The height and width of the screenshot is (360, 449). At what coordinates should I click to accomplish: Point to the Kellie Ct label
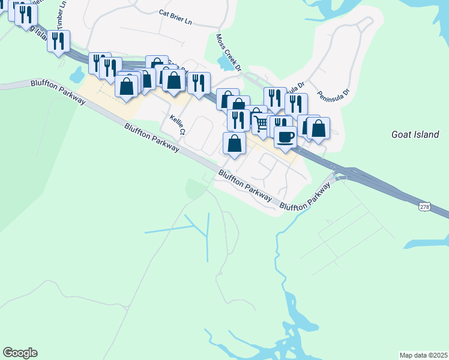pos(176,125)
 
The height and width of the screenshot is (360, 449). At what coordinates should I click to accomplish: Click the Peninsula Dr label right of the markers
pos(337,95)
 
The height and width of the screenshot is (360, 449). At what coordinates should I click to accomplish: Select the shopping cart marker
pos(261,123)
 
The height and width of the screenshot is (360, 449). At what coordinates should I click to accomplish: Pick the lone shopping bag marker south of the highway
pos(234,143)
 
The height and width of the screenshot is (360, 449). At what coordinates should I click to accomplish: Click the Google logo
pos(20,353)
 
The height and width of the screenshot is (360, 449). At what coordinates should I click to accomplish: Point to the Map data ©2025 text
pos(423,355)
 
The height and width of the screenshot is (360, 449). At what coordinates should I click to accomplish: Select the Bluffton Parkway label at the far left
pos(58,91)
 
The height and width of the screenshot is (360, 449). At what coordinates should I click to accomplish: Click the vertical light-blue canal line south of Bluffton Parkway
pos(208,236)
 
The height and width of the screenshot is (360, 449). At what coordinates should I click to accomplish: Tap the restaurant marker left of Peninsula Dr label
pos(295,103)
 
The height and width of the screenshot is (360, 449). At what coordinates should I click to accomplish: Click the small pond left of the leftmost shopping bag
pos(77,75)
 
